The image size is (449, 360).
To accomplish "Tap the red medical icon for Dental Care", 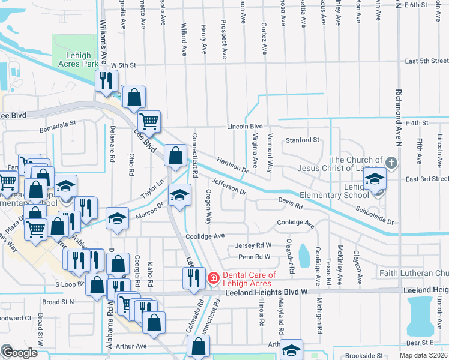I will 212,278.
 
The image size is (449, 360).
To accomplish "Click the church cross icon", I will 391,163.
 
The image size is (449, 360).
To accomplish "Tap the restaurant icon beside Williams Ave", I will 107,81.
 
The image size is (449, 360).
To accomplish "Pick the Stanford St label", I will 301,140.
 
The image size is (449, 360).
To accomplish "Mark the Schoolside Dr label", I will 374,216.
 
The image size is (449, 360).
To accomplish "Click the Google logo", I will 19,353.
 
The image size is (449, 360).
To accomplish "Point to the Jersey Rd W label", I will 253,245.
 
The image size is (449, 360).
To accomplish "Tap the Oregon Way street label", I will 209,208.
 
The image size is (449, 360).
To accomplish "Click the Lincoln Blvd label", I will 245,127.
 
